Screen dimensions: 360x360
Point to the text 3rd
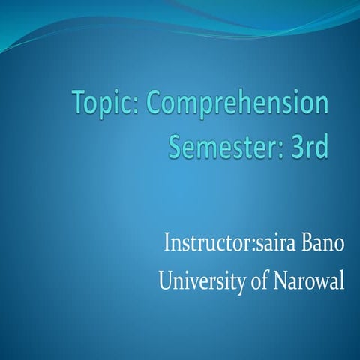(x=310, y=146)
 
